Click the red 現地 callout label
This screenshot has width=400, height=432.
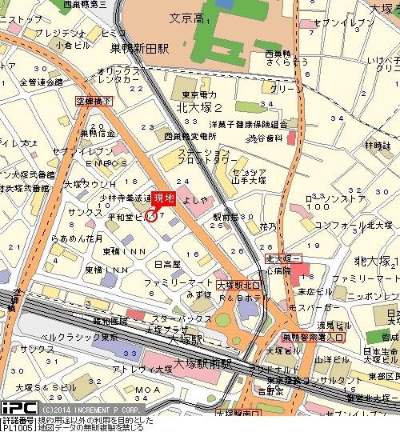click(x=163, y=197)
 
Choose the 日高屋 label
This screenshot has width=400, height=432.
click(x=167, y=264)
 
